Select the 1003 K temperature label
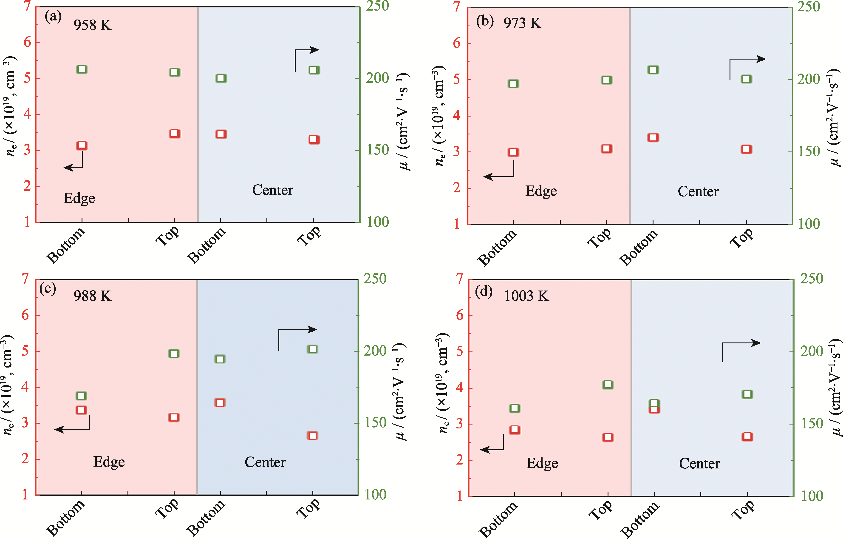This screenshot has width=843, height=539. point(526,296)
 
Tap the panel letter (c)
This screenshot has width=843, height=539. point(48,289)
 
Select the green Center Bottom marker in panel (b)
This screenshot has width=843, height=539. point(653,70)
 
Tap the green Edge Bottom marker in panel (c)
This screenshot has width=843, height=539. point(82,396)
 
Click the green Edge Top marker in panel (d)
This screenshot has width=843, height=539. point(608,385)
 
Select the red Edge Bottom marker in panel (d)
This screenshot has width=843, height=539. point(515,430)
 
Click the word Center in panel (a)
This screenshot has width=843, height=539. point(272,190)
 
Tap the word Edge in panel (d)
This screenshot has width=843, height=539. point(542,463)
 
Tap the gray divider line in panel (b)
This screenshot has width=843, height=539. point(630,116)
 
